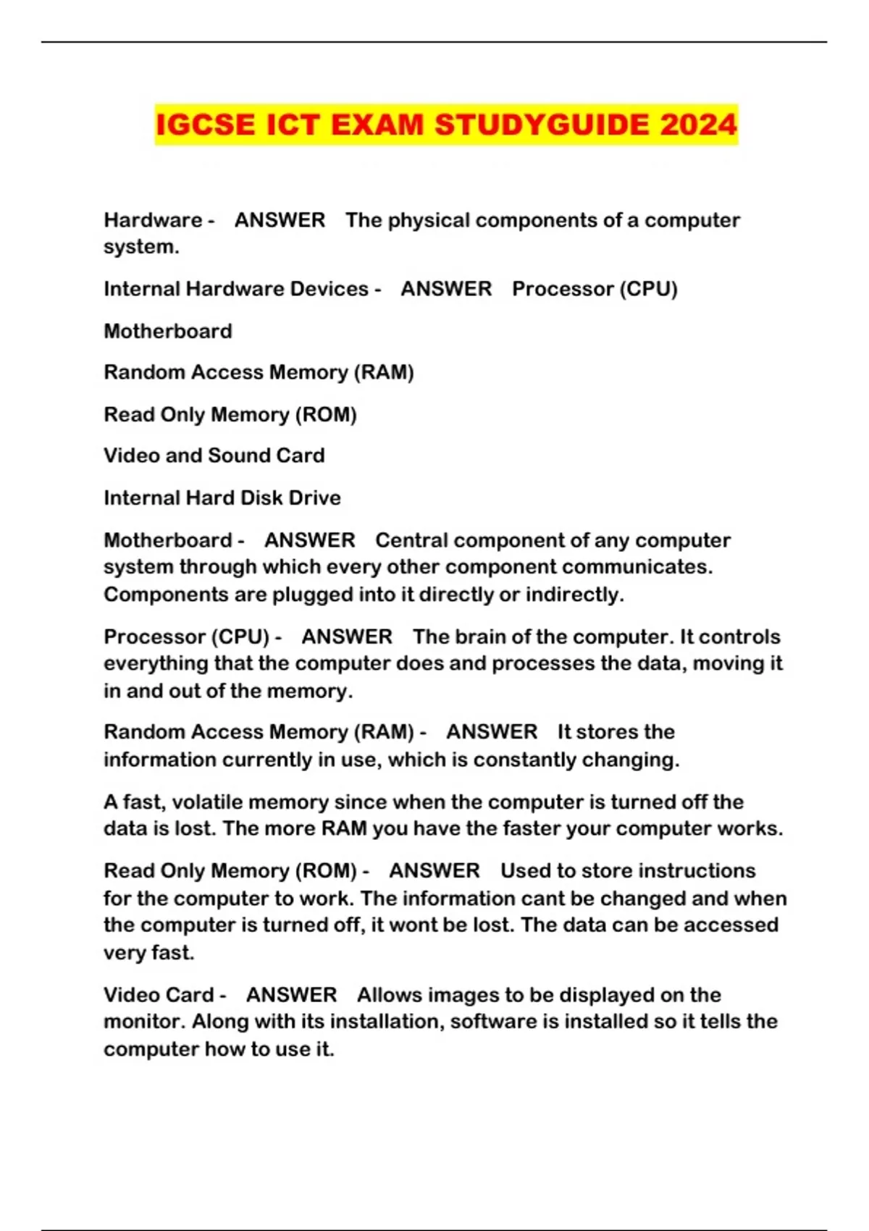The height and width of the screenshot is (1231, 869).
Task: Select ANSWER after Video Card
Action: [291, 995]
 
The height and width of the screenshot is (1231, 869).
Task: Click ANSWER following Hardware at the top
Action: [280, 220]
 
